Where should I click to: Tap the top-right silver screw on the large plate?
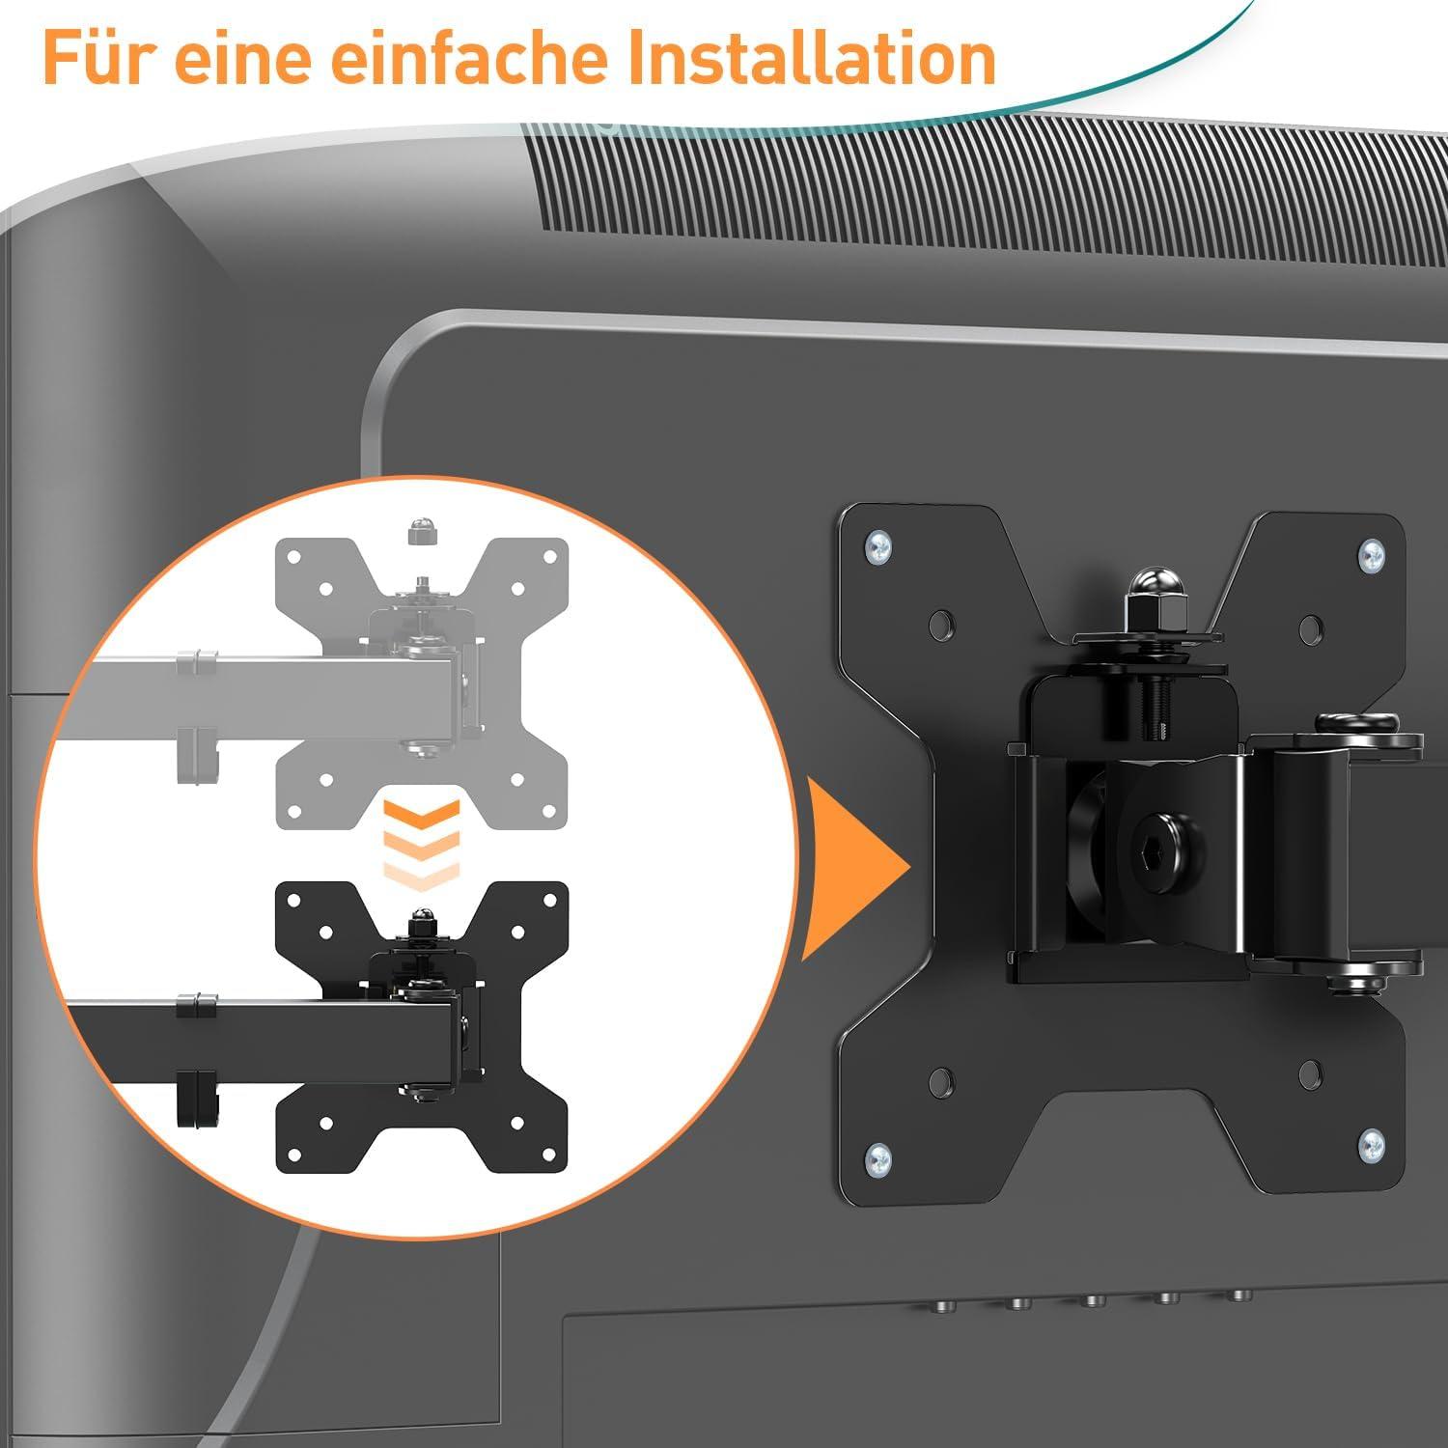[1372, 555]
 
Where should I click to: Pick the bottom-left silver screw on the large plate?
[877, 1156]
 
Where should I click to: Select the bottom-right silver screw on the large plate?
[1371, 1146]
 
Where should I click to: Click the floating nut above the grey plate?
[419, 530]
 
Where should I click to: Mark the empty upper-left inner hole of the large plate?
[941, 624]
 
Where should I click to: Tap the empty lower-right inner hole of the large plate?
[1310, 1072]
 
